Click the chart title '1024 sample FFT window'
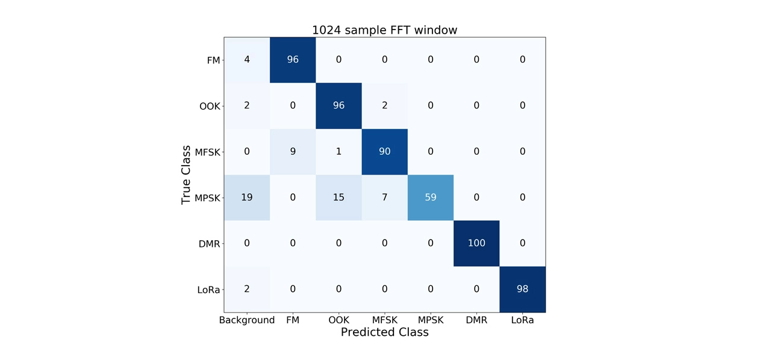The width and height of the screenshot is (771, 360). coord(384,29)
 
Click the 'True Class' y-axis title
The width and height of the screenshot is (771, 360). coord(186,175)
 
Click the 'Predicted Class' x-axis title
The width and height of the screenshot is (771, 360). coord(384,332)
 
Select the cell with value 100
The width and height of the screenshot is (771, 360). coord(476,243)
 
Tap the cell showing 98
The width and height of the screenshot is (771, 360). coord(522,289)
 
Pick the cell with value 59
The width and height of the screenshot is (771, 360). coord(430,197)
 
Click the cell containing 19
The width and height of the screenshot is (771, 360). coord(246,197)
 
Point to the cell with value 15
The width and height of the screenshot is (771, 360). coord(339,197)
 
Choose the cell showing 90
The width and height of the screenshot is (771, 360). coord(384,151)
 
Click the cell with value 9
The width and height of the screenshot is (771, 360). coord(293,151)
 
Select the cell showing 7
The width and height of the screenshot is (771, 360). coord(384,197)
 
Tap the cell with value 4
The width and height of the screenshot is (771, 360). coord(246,60)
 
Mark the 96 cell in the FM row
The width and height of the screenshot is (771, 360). coord(293,60)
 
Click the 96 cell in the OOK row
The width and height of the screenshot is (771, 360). coord(339,105)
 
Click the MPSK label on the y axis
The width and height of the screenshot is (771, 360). coord(208,197)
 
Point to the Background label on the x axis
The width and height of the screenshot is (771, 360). coord(247,320)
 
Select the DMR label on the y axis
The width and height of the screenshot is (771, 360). coord(210,243)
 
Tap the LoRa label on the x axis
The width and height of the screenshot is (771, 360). coord(522,320)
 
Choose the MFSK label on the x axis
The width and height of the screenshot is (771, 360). coord(384,320)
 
